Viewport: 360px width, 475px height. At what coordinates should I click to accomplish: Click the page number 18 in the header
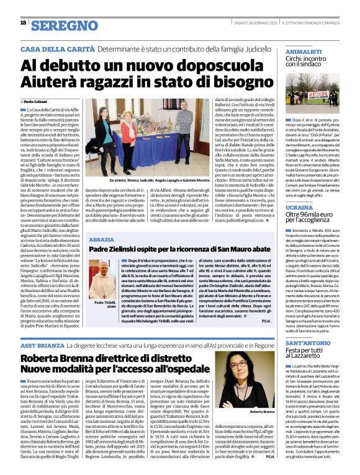pos(23,23)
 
